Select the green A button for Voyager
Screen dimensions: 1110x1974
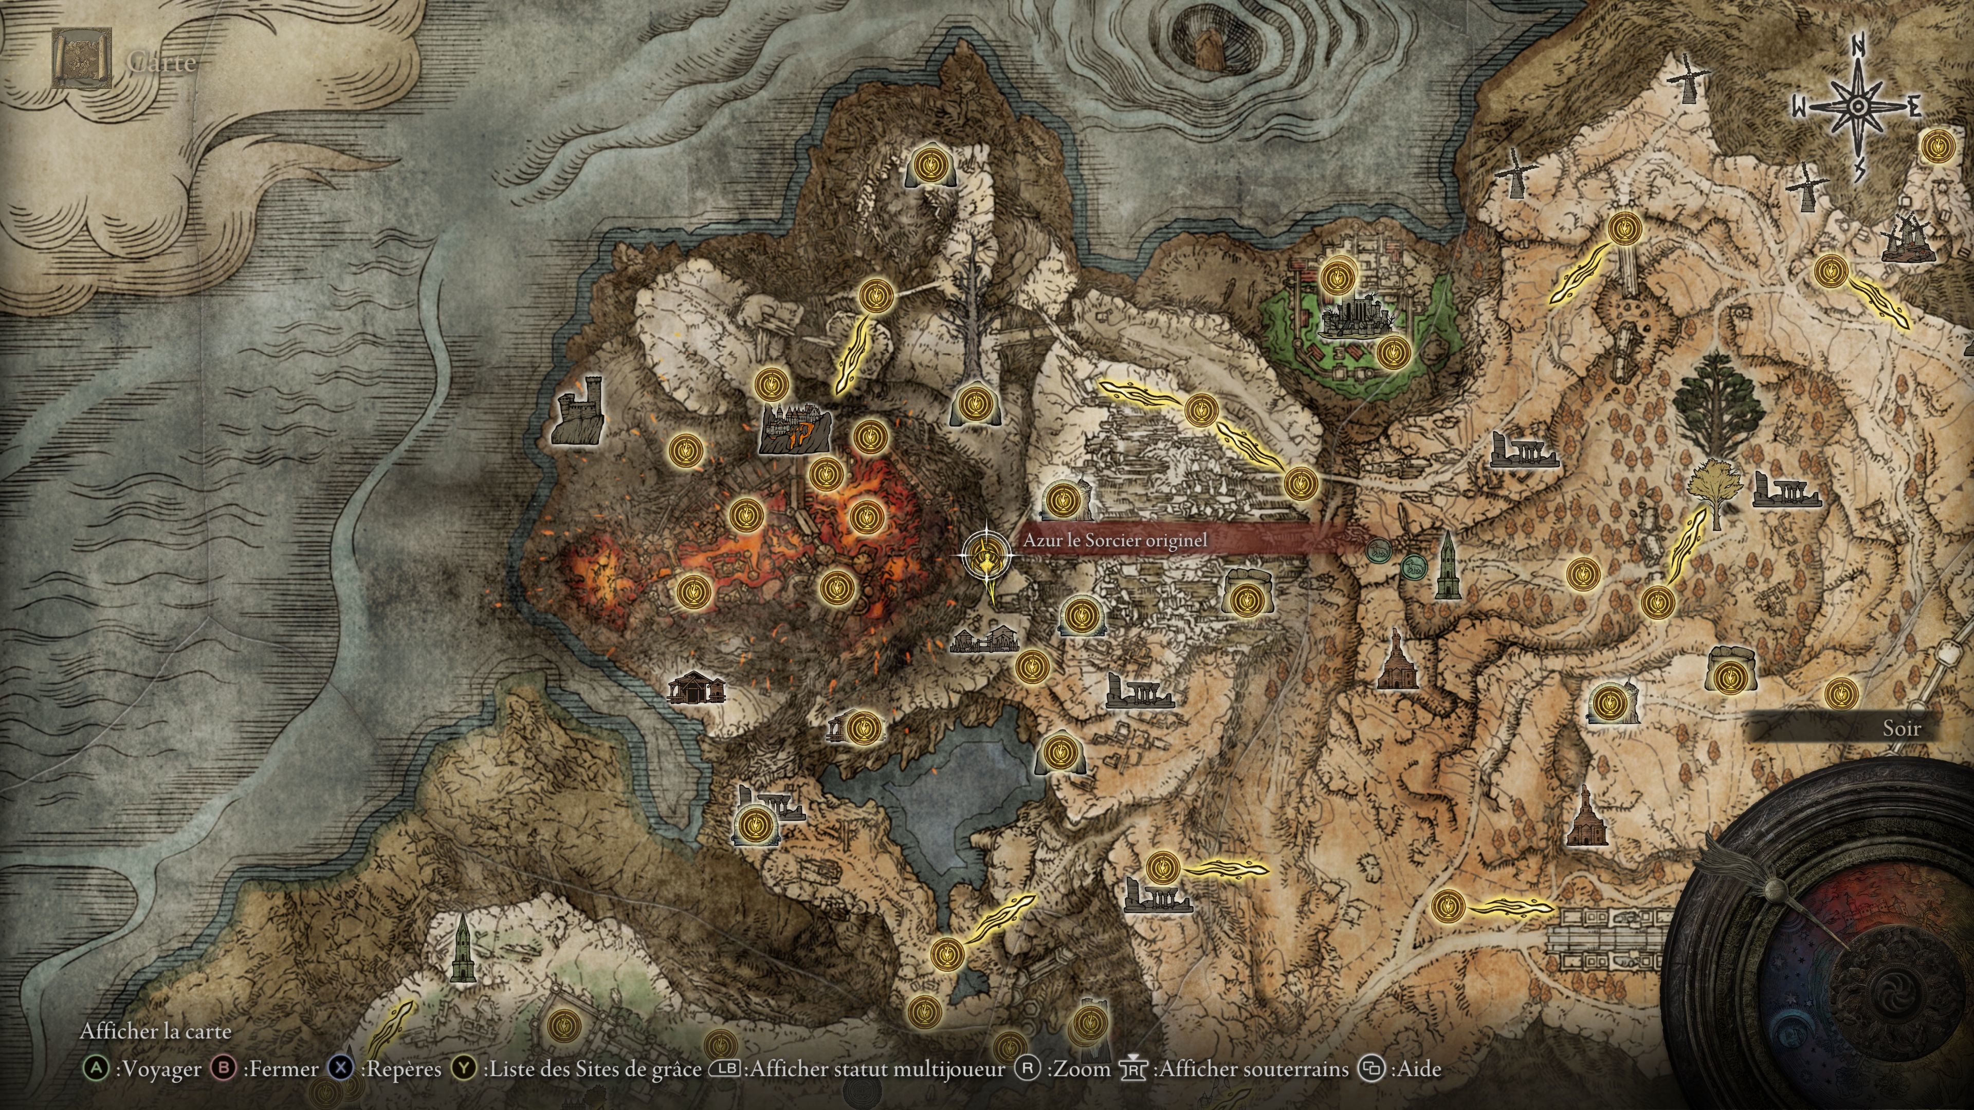96,1069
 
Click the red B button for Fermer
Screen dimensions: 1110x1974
223,1069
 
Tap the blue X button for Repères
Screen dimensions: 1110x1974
341,1069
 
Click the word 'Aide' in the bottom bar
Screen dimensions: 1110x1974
1420,1069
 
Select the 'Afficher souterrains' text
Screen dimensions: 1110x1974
1254,1069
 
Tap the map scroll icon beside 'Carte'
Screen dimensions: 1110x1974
81,58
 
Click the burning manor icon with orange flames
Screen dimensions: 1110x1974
795,428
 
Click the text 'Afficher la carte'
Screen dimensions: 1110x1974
156,1031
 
